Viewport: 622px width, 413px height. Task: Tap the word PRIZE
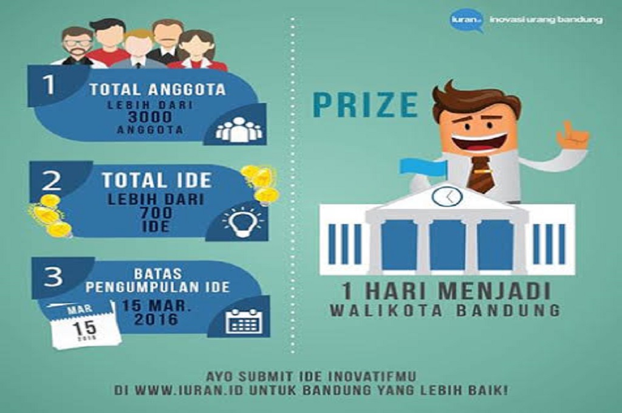click(366, 104)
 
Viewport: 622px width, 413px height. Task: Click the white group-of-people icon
click(239, 130)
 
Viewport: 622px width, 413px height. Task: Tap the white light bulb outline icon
click(239, 222)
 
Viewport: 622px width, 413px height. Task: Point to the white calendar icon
click(244, 320)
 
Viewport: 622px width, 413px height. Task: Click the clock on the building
click(446, 196)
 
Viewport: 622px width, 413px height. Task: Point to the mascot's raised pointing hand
click(572, 135)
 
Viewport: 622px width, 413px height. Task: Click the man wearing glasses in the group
click(78, 46)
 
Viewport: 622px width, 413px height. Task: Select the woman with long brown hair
click(197, 50)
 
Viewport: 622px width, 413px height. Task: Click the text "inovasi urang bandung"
click(545, 19)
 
